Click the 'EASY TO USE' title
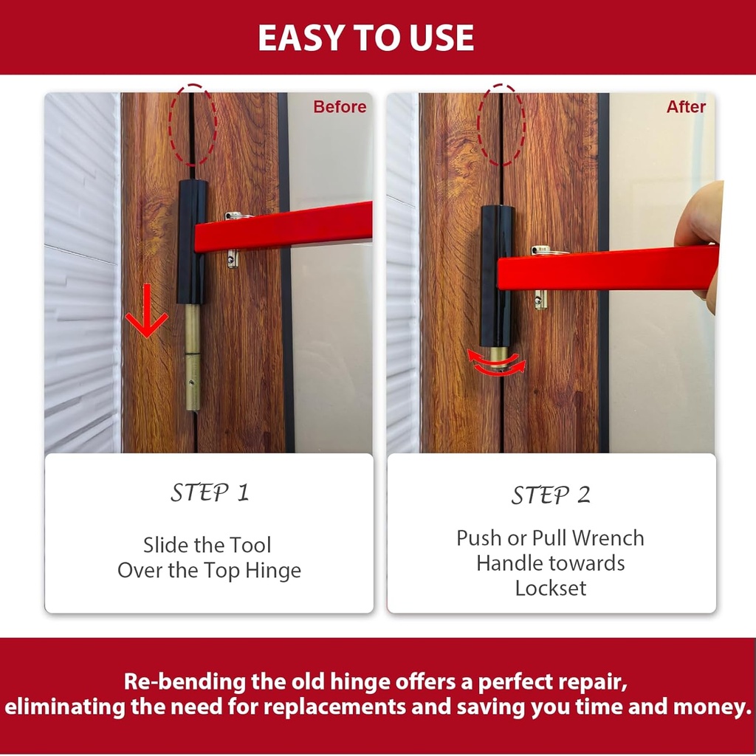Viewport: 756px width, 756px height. tap(366, 38)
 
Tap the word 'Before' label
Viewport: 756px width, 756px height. tap(340, 106)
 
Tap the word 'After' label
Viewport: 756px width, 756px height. tap(686, 106)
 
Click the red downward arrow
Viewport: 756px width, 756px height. tap(147, 311)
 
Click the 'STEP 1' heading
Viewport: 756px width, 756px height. tap(210, 492)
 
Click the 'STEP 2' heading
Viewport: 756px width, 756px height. tap(551, 495)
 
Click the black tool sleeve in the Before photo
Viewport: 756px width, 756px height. tap(191, 241)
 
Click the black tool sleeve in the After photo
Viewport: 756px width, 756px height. tap(496, 276)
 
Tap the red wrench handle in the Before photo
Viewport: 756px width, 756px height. tap(283, 227)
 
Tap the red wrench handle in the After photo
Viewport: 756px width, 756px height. tap(608, 268)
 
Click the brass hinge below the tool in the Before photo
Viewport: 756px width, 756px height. tap(193, 357)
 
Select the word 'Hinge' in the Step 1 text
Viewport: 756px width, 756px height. tap(273, 571)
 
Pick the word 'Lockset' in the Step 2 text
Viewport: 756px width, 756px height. tap(551, 588)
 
